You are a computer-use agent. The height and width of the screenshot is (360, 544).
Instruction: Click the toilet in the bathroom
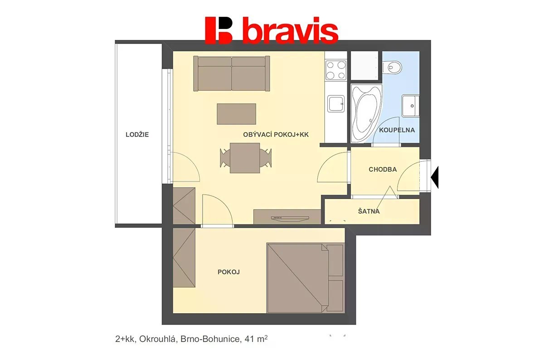pos(392,67)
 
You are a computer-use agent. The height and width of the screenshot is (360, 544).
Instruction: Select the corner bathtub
pos(366,113)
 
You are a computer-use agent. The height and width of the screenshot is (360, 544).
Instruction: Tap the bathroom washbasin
pos(410,106)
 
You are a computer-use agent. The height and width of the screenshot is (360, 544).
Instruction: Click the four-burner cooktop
pos(336,70)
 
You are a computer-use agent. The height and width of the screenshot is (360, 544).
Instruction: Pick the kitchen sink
pos(336,104)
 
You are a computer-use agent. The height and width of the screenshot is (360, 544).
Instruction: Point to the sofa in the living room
pos(232,73)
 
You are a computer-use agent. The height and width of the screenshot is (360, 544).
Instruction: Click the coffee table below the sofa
pos(236,114)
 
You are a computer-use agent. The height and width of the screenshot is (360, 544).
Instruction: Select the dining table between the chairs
pos(245,158)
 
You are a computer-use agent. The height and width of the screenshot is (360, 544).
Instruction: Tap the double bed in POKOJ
pos(306,278)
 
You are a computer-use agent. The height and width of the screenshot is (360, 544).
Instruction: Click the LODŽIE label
pos(137,135)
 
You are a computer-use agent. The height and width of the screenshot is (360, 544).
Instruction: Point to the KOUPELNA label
pos(397,130)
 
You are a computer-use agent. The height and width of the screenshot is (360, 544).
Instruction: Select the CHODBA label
pos(383,170)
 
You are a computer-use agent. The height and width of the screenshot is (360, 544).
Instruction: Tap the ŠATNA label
pos(369,211)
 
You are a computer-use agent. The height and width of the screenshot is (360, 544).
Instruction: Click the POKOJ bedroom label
pos(228,272)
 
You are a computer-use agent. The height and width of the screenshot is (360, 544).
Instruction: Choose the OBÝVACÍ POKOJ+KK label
pos(276,135)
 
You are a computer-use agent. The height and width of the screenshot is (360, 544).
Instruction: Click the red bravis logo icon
pos(219,30)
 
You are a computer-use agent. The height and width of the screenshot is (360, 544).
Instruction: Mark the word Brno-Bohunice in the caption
pos(210,339)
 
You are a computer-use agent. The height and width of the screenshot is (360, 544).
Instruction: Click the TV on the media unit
pos(290,219)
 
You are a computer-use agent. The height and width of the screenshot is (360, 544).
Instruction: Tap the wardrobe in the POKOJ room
pos(184,258)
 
